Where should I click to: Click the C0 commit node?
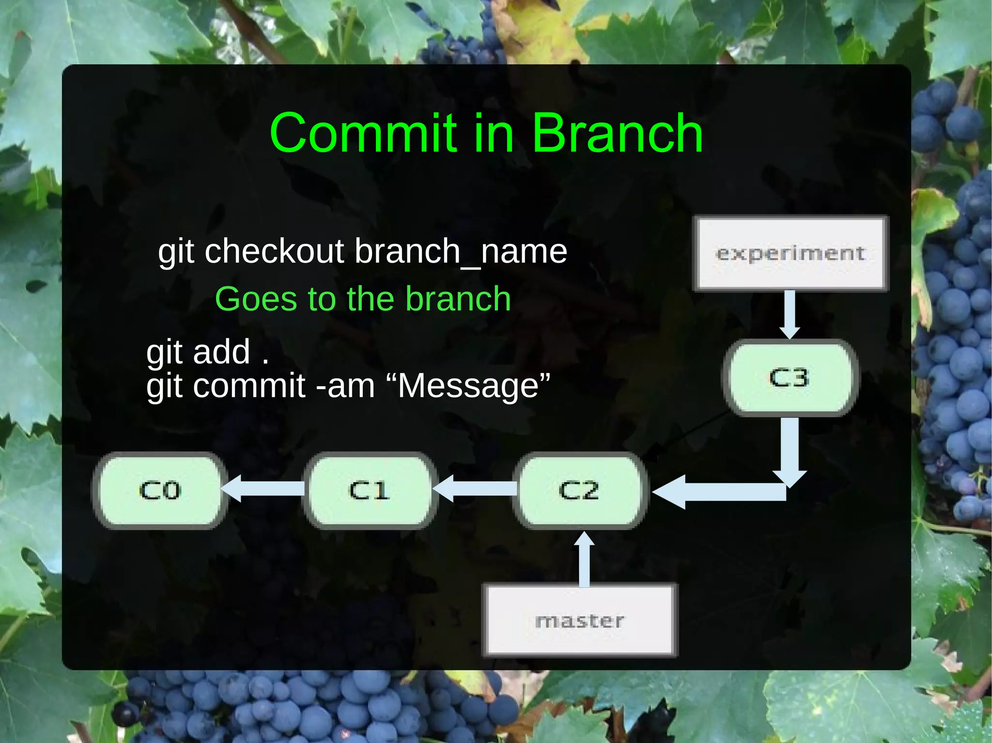[x=160, y=490]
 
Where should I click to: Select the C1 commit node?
[x=370, y=490]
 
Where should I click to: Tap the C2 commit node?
[x=579, y=490]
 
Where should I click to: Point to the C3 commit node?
[x=790, y=378]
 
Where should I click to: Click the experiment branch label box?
[x=791, y=253]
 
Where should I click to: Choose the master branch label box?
[x=580, y=621]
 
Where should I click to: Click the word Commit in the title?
[x=363, y=133]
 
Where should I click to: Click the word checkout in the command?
[x=274, y=252]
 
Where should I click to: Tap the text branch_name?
[x=461, y=252]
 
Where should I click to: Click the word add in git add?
[x=221, y=352]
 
